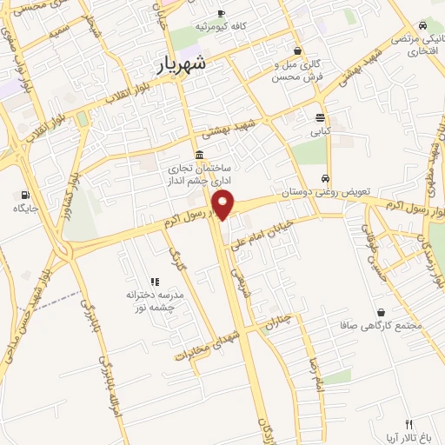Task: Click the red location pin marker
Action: [224, 206]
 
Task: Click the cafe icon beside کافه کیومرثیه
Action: [222, 13]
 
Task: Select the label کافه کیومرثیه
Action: [221, 26]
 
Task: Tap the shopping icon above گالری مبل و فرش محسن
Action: [297, 50]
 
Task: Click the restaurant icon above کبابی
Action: [321, 118]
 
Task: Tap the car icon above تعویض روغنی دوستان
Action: [326, 177]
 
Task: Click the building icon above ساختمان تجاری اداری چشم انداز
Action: [199, 156]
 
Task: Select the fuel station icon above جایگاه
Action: [23, 195]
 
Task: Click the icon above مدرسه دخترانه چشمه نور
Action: [155, 282]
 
